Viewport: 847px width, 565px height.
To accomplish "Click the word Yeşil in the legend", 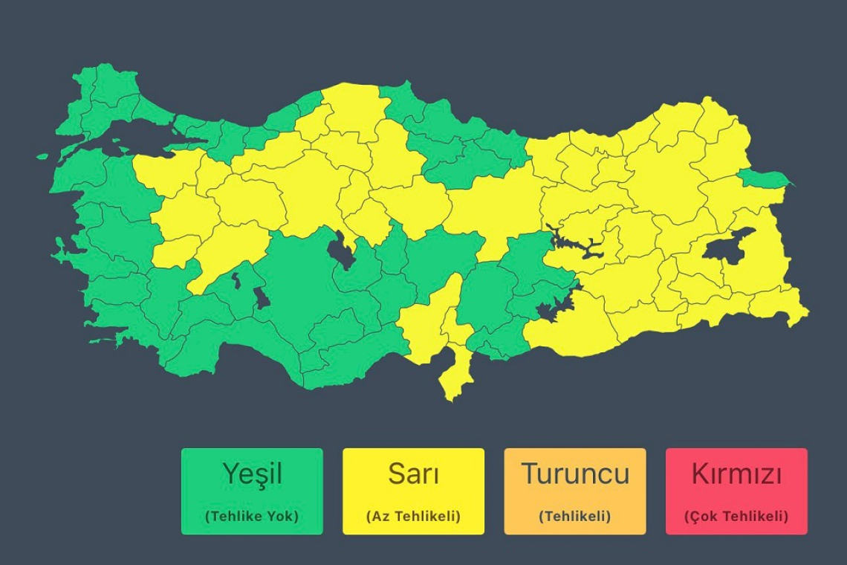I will coord(252,474).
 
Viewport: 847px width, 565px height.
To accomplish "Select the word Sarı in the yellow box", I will coord(413,474).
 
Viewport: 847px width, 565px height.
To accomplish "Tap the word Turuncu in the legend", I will coord(574,474).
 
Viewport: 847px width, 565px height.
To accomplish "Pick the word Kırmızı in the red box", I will coord(736,474).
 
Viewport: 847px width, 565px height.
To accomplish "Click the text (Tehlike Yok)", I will coord(252,516).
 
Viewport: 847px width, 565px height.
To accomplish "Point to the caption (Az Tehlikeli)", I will coord(413,516).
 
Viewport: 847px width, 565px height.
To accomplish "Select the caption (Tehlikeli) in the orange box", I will coord(574,516).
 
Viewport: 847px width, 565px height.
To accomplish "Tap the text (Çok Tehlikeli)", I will coord(736,516).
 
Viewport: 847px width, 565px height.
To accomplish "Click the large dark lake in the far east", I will coord(728,247).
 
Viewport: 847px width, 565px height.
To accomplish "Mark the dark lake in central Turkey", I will coord(343,251).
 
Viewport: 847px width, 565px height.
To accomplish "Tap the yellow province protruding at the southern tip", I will coord(455,375).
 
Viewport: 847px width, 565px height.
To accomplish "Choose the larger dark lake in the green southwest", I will coord(262,297).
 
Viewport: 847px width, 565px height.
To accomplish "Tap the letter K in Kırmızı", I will coord(699,474).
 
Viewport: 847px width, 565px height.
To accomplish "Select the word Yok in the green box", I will coord(282,516).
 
